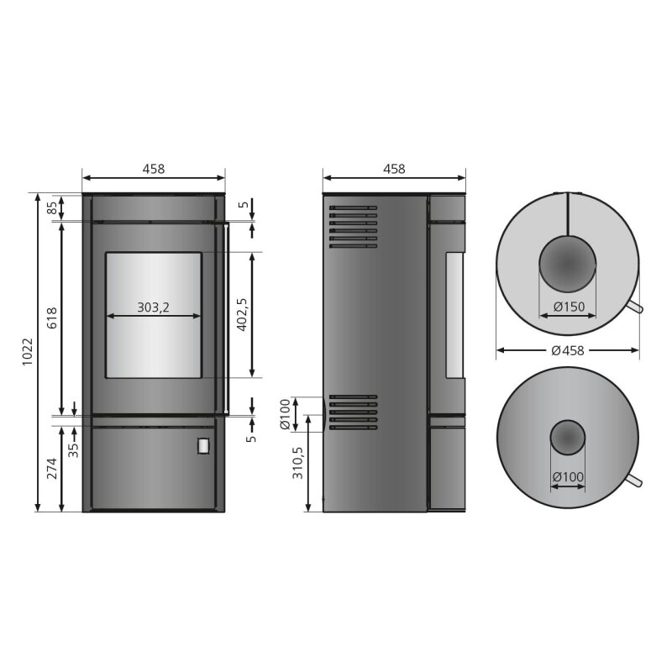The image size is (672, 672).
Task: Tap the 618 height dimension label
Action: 52,318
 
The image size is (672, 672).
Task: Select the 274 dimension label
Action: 52,469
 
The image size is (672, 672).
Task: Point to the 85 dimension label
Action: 52,207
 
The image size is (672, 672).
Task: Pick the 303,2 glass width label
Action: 153,307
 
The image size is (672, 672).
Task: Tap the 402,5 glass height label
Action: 242,314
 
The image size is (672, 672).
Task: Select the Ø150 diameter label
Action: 569,307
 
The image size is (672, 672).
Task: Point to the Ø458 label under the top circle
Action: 568,350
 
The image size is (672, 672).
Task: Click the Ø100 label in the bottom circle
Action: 568,477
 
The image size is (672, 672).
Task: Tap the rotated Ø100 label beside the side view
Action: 285,414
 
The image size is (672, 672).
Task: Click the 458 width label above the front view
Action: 153,169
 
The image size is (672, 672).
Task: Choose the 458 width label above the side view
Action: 394,169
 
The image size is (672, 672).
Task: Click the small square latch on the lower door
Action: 203,446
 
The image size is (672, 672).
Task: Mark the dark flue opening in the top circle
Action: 567,262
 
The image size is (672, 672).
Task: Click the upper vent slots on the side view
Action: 353,227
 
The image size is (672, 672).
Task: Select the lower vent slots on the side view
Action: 353,412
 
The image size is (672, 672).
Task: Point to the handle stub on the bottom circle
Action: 636,480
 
